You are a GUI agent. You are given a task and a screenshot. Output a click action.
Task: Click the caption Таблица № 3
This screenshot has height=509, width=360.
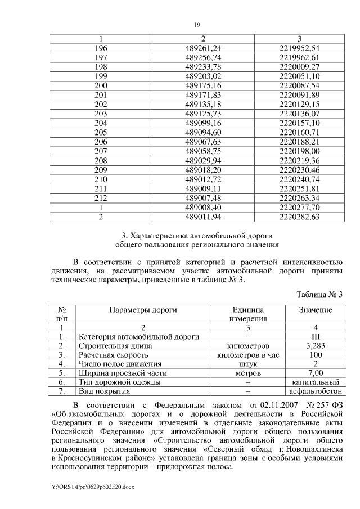pos(319,294)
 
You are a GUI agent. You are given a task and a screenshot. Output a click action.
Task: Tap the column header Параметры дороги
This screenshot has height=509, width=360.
pos(143,310)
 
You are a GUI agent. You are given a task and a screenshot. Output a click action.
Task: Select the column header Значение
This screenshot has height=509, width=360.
pos(315,310)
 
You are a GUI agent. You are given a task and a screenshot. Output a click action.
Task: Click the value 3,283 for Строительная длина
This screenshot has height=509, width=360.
pos(315,346)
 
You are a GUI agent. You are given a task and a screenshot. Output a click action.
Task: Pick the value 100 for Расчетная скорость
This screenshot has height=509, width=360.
pos(315,355)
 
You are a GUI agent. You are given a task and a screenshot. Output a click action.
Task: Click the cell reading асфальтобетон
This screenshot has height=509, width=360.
pos(315,391)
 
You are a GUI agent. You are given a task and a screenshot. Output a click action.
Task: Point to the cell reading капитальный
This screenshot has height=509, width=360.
pos(315,382)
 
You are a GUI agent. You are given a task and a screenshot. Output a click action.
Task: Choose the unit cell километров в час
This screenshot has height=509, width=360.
pos(248,355)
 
